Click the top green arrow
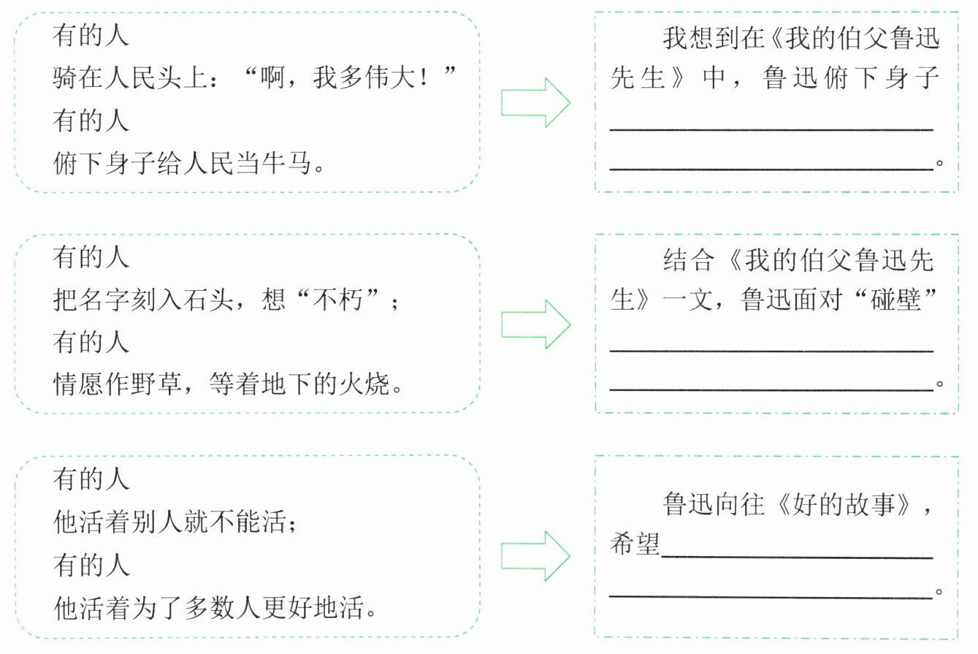click(535, 102)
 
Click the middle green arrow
click(535, 324)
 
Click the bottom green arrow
click(535, 556)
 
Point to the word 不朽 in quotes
click(337, 300)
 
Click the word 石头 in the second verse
click(208, 300)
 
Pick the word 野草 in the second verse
click(156, 384)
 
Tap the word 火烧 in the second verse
click(364, 384)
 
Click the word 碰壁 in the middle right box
click(895, 300)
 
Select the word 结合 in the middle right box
click(689, 260)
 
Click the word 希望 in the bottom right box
click(635, 544)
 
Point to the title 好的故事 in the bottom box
click(844, 504)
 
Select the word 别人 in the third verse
click(156, 522)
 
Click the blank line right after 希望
click(798, 558)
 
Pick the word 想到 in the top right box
click(714, 39)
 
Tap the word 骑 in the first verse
click(65, 77)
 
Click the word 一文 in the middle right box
click(687, 300)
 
